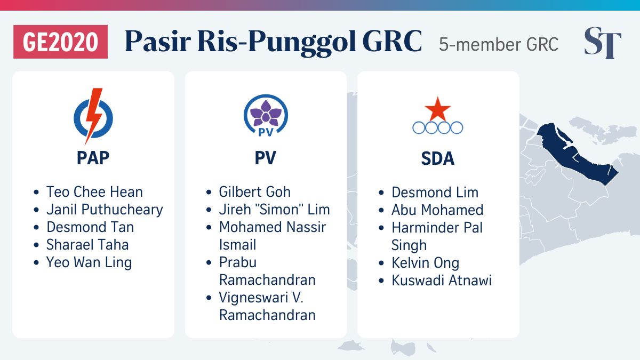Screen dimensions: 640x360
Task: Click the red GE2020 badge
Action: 61,42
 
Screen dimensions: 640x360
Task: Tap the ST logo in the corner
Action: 603,43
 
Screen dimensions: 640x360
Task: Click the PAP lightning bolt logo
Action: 93,116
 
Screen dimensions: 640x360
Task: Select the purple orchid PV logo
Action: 266,115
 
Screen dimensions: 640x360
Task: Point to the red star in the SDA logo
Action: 438,109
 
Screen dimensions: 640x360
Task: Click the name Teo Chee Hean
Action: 94,191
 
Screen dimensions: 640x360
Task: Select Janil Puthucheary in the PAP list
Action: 105,210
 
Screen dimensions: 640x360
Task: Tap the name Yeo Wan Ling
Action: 89,262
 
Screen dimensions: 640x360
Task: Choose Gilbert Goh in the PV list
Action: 254,191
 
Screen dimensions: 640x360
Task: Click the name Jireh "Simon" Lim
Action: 274,210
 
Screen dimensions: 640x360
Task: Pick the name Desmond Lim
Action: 435,193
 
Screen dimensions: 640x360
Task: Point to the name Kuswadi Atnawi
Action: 442,281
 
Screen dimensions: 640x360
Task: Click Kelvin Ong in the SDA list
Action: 426,263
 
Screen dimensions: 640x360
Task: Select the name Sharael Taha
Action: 87,245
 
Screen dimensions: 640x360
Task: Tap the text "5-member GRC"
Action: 499,44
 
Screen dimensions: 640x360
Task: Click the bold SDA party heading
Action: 438,158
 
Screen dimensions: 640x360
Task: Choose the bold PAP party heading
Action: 93,158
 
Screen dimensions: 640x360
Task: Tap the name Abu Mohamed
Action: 437,210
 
